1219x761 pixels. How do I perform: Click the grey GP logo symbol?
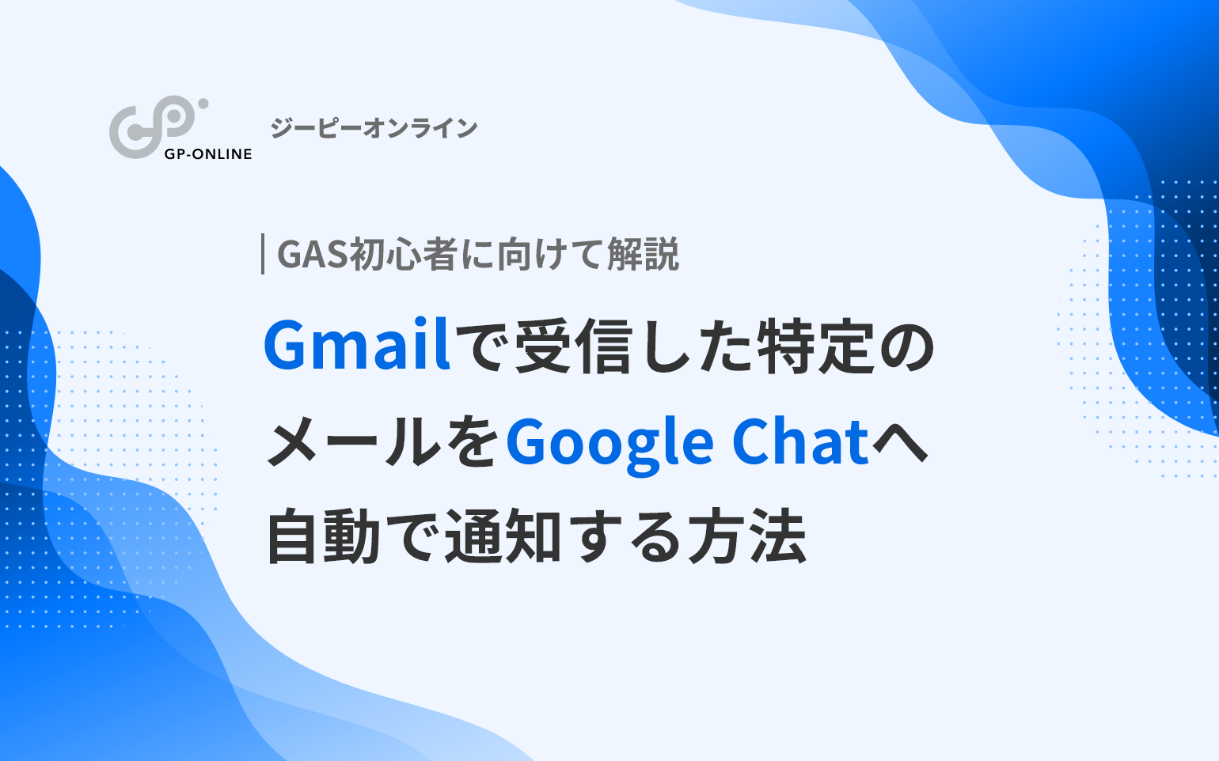pyautogui.click(x=152, y=128)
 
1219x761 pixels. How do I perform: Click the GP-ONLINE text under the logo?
pyautogui.click(x=208, y=154)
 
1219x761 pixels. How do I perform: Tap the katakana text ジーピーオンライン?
pyautogui.click(x=374, y=128)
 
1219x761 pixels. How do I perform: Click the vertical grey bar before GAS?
pyautogui.click(x=263, y=253)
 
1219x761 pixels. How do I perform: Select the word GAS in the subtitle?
pyautogui.click(x=312, y=255)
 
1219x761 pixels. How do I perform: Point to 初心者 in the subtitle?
pyautogui.click(x=403, y=255)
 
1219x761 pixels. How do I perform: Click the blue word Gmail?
pyautogui.click(x=357, y=344)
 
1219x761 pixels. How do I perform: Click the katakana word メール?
pyautogui.click(x=355, y=441)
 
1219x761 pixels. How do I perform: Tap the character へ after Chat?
pyautogui.click(x=899, y=441)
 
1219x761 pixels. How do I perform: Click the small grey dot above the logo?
pyautogui.click(x=203, y=104)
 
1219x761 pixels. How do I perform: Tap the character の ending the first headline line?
pyautogui.click(x=905, y=347)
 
